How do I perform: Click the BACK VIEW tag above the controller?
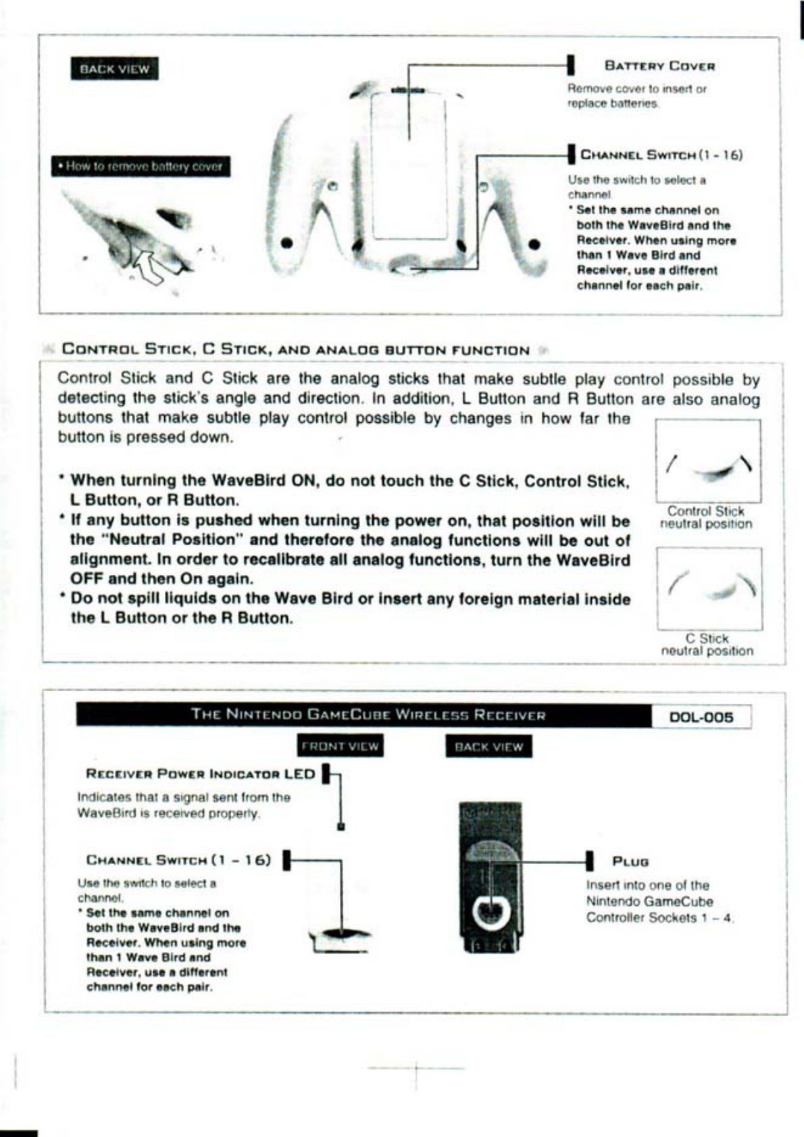coord(114,68)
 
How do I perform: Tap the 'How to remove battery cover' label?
coord(141,166)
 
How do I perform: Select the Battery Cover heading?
coord(659,66)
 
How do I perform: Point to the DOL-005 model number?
coord(701,717)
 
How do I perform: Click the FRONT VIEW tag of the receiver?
coord(340,747)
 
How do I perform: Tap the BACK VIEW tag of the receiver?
coord(488,747)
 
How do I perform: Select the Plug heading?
coord(630,861)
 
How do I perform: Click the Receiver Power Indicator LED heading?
coord(200,774)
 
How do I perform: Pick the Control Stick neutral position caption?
coord(705,517)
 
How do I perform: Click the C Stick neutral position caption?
coord(707,645)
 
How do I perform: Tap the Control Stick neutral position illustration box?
coord(708,461)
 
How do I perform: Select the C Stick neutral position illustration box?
coord(709,588)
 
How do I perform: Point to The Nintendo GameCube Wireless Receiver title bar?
coord(368,715)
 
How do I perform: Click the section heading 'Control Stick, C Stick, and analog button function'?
coord(295,350)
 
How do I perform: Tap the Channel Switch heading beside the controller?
coord(661,155)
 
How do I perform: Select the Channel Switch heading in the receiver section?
coord(178,860)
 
